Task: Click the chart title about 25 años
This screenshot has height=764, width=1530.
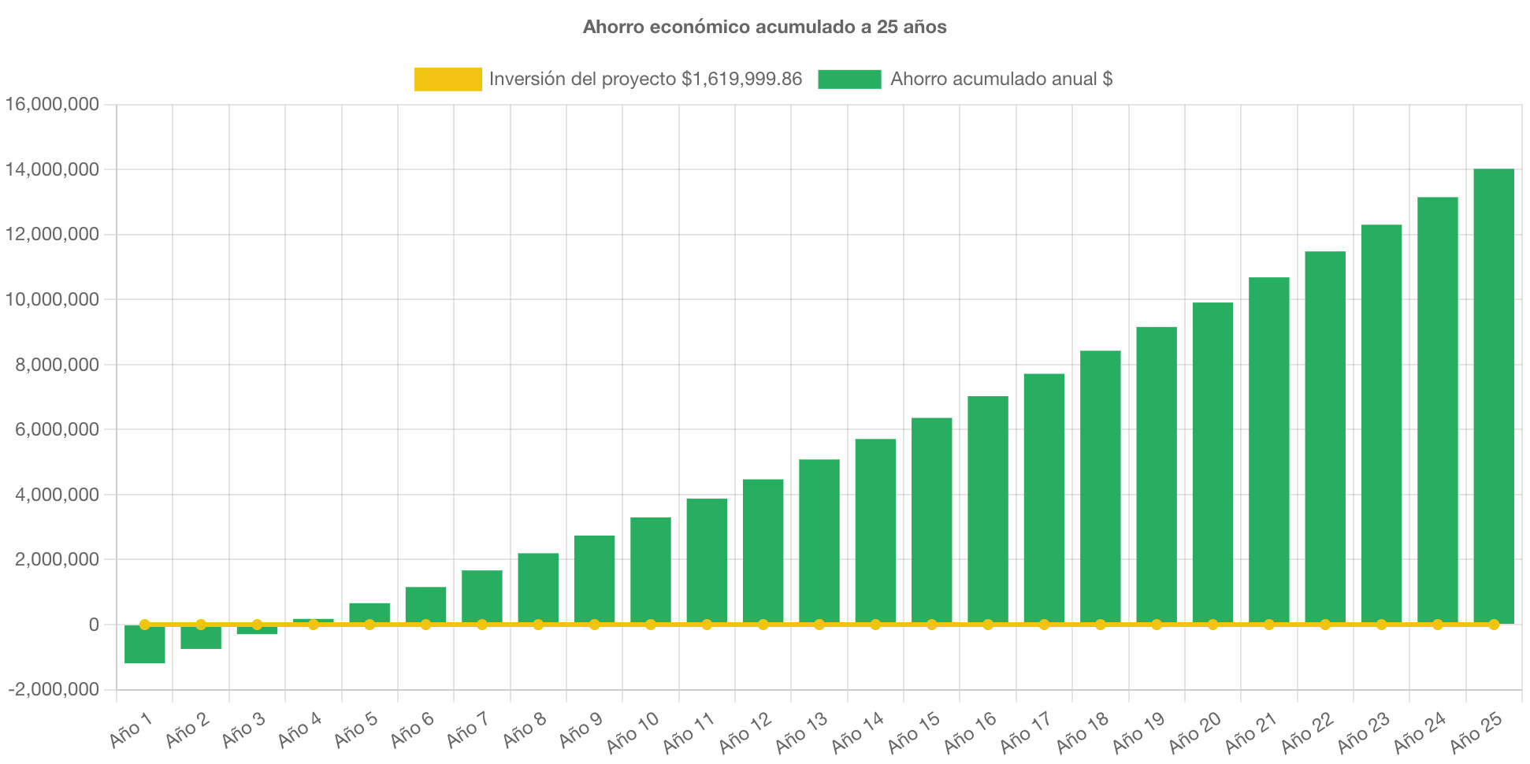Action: pyautogui.click(x=764, y=27)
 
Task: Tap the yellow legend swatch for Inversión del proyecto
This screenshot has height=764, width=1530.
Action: pyautogui.click(x=447, y=79)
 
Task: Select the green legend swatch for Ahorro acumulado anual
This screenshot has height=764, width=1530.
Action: pyautogui.click(x=849, y=79)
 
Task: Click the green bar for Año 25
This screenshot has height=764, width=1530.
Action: pyautogui.click(x=1493, y=394)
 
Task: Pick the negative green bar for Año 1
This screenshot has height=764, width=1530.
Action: pyautogui.click(x=145, y=645)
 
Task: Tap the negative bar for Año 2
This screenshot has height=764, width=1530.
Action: pyautogui.click(x=201, y=638)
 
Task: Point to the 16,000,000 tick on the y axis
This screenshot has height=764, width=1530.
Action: pyautogui.click(x=52, y=104)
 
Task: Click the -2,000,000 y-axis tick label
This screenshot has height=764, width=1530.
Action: pyautogui.click(x=54, y=689)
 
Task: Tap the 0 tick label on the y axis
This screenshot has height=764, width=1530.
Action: pyautogui.click(x=94, y=625)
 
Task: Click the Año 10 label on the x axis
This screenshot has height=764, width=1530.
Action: pyautogui.click(x=633, y=732)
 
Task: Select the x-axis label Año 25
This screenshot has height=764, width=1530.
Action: pyautogui.click(x=1476, y=732)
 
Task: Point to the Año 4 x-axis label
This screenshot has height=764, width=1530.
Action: pyautogui.click(x=299, y=730)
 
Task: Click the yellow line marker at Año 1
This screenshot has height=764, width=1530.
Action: pyautogui.click(x=145, y=625)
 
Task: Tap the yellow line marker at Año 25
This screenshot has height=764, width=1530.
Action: pyautogui.click(x=1493, y=625)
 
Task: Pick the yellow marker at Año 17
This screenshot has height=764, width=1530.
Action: pyautogui.click(x=1044, y=625)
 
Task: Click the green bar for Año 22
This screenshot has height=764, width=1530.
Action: pyautogui.click(x=1324, y=437)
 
